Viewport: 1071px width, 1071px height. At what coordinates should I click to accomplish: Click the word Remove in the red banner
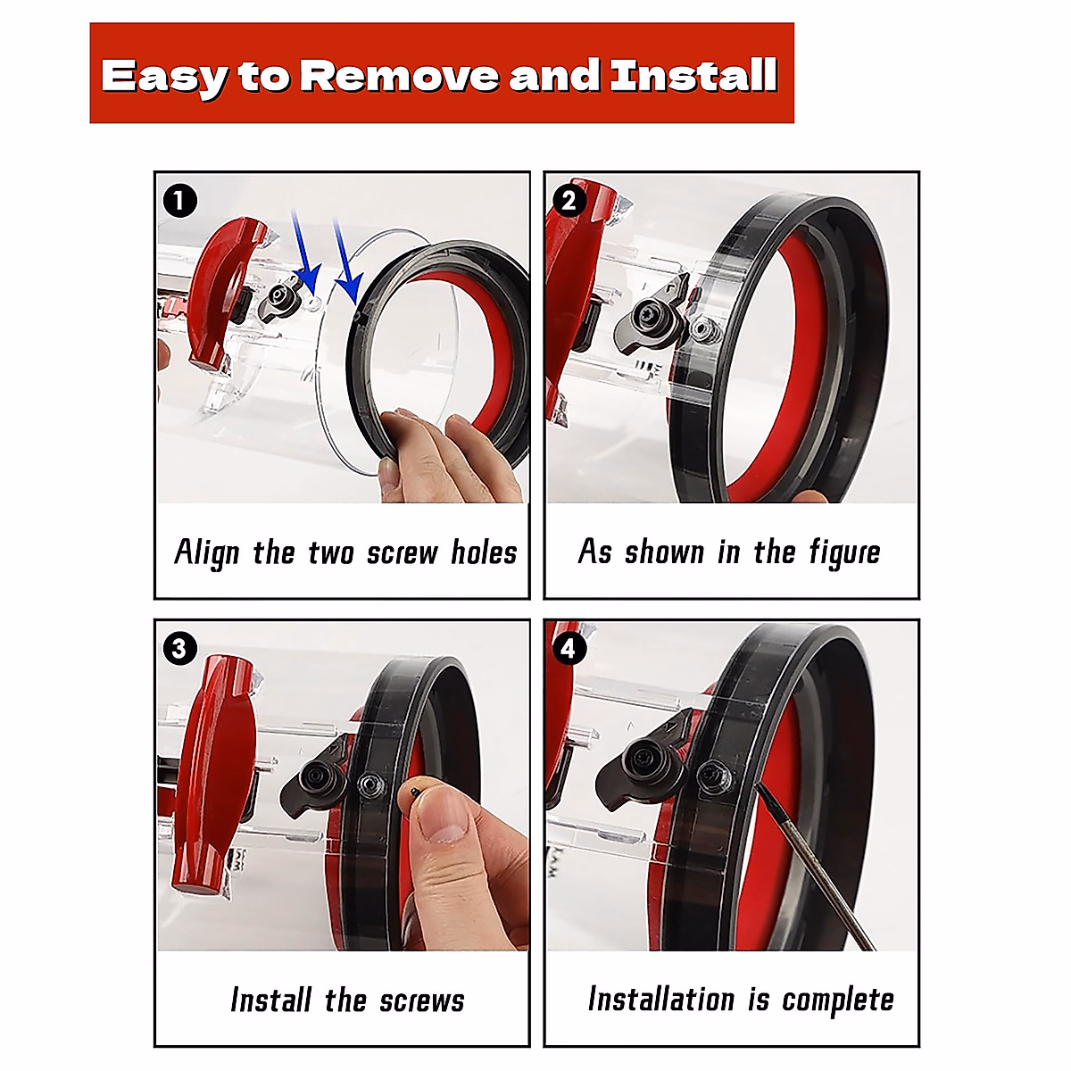pos(398,76)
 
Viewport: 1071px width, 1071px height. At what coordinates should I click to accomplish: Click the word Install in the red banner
pos(693,76)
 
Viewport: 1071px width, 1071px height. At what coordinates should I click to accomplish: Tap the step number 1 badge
pos(179,201)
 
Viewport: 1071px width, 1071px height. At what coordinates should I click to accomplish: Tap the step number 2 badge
pos(569,201)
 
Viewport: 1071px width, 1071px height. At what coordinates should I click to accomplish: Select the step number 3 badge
pos(179,647)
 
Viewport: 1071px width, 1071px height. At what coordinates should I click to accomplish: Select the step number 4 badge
pos(569,648)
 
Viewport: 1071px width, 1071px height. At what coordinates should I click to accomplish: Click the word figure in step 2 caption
pos(844,552)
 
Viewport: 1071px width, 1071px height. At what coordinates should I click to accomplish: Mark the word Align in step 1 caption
pos(207,552)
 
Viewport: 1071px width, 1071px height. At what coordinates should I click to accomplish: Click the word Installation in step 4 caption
pos(660,999)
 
